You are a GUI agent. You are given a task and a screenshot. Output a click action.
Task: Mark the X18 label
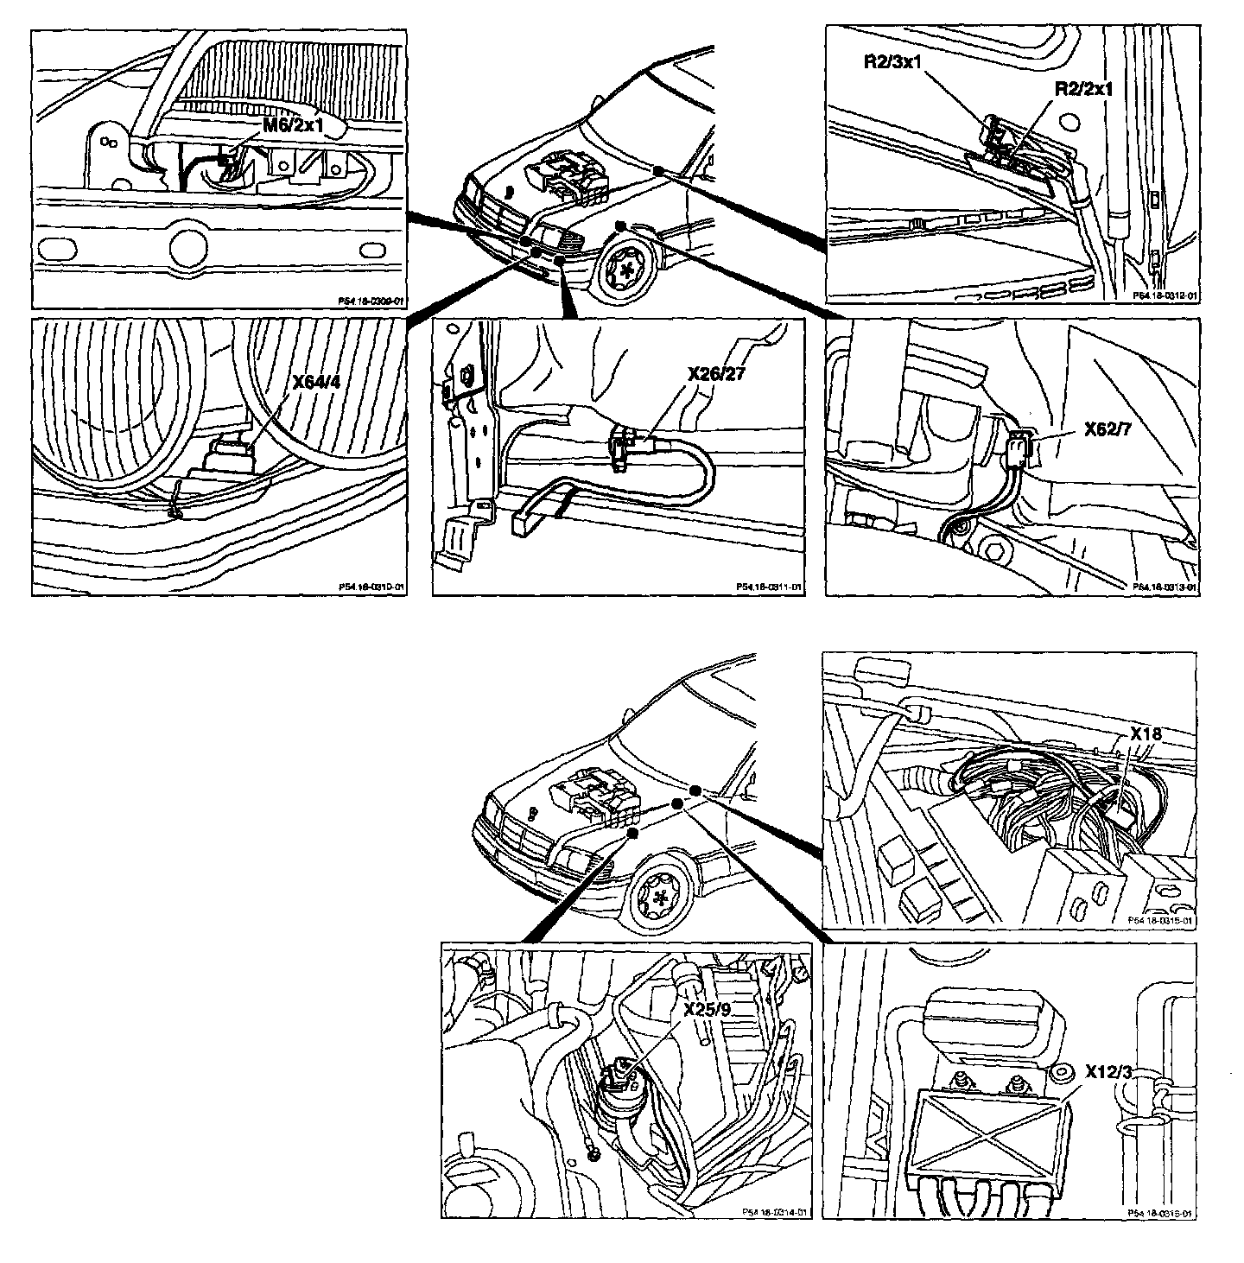(1147, 734)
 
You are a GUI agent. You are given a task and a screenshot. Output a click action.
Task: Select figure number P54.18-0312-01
(1164, 295)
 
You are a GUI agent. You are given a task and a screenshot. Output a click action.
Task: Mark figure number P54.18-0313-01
(1164, 587)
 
